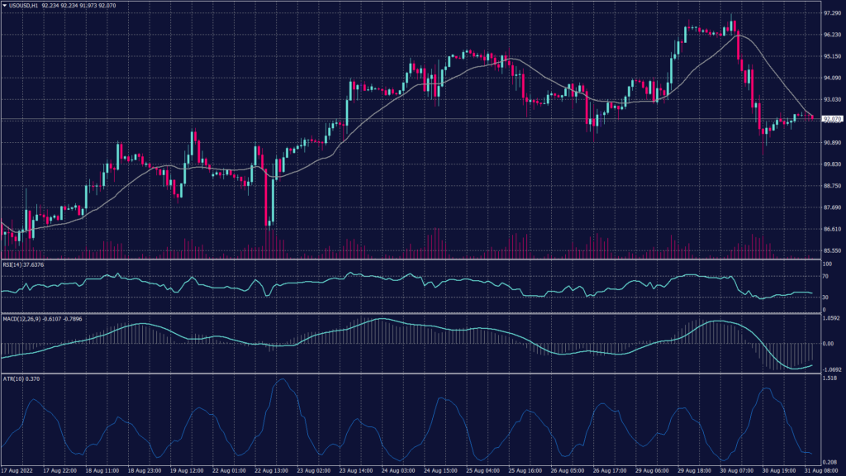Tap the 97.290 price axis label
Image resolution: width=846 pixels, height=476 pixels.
pyautogui.click(x=832, y=14)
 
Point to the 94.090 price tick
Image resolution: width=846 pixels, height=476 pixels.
pyautogui.click(x=832, y=79)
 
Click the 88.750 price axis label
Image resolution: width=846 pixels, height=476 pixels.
pyautogui.click(x=832, y=186)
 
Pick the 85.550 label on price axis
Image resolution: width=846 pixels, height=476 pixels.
pyautogui.click(x=832, y=250)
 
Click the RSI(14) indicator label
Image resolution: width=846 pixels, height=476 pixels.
pyautogui.click(x=23, y=264)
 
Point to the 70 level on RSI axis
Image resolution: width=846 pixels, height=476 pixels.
pyautogui.click(x=825, y=278)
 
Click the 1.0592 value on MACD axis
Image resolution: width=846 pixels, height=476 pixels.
pyautogui.click(x=832, y=317)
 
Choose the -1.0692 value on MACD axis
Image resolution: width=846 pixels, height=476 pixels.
pyautogui.click(x=832, y=369)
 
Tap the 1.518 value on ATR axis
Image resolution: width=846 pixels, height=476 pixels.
pyautogui.click(x=830, y=378)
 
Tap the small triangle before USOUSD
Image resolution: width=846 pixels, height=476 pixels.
pyautogui.click(x=4, y=6)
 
